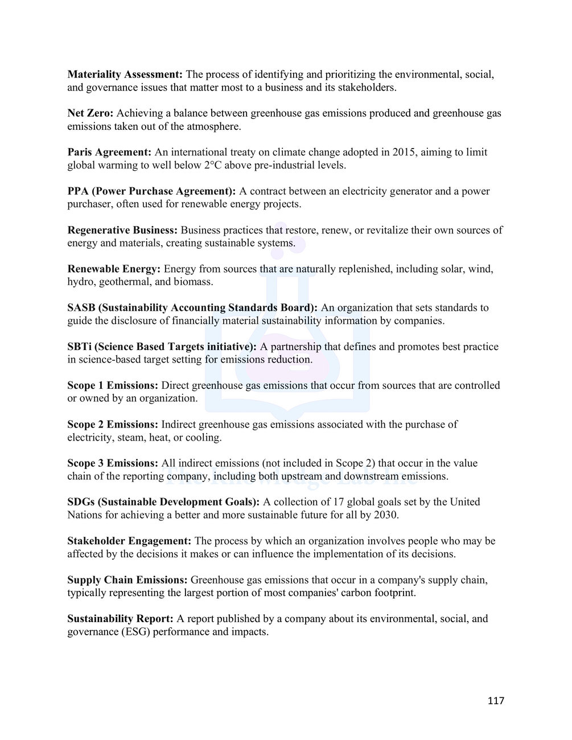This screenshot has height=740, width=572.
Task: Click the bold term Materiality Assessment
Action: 125,75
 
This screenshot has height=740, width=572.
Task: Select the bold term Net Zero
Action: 90,113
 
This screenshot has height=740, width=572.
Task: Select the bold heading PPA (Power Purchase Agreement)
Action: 151,191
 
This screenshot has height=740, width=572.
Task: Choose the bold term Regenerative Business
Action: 122,231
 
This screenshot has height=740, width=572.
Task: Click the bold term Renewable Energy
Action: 114,269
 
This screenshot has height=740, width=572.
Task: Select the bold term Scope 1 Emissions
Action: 113,386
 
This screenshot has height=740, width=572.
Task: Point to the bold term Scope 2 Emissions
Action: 113,425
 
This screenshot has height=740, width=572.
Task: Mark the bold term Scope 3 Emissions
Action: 113,463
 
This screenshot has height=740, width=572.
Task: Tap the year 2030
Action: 386,515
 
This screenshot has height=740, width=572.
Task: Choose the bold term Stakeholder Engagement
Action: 129,541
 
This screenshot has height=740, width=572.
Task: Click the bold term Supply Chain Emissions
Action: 127,580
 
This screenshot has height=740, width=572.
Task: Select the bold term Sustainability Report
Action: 120,619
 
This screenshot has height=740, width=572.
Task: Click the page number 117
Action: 496,701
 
